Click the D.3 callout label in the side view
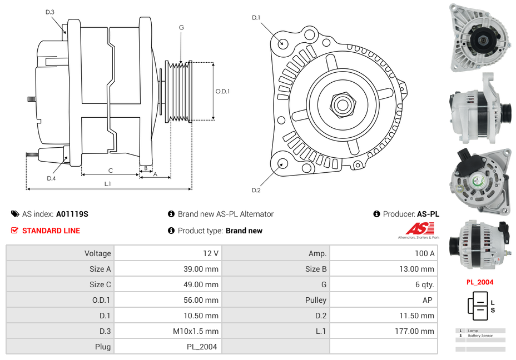(50, 12)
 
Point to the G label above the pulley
(181, 28)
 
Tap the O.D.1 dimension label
(222, 92)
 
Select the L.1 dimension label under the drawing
(108, 183)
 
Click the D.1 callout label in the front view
(256, 18)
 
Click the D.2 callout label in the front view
(256, 191)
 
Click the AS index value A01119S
(72, 214)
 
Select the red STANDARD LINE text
(51, 231)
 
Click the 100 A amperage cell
(424, 253)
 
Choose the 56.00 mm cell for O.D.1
(204, 300)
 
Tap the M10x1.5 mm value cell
(196, 331)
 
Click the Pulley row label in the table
(316, 300)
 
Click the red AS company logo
(418, 229)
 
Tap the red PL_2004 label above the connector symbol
(479, 282)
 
